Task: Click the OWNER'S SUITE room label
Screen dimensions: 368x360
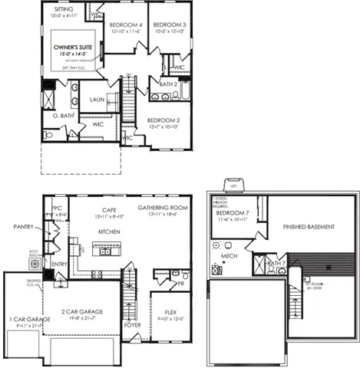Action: [74, 48]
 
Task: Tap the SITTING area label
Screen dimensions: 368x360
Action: [63, 8]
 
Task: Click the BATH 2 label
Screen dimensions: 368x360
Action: [169, 84]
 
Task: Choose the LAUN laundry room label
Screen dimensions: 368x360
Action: [97, 100]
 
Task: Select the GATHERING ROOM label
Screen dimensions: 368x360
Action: [163, 208]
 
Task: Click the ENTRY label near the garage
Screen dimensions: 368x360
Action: [59, 264]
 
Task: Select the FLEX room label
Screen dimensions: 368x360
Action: [170, 313]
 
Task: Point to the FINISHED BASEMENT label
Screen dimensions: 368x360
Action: [312, 227]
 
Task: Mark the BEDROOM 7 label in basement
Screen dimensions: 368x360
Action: [233, 212]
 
